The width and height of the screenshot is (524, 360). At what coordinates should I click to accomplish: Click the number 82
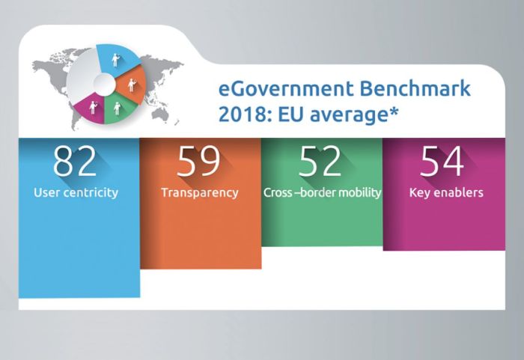75,161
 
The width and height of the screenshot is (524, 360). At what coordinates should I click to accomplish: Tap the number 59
198,161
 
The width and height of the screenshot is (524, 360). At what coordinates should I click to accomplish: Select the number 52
320,161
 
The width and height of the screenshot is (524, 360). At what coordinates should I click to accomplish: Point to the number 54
442,161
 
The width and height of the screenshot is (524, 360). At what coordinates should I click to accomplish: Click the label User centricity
76,192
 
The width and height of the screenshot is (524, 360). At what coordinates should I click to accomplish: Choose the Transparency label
199,192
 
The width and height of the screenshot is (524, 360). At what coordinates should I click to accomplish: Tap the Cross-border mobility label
322,192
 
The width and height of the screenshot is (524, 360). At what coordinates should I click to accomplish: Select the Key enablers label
445,192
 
